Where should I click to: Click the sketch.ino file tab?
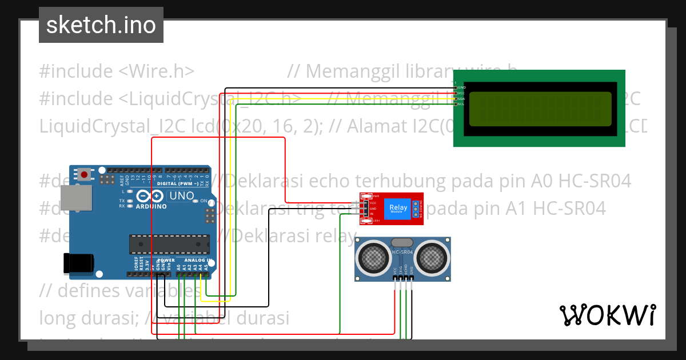101,25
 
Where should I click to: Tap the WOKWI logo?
607,315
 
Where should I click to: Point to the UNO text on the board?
182,195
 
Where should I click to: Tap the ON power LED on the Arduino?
196,201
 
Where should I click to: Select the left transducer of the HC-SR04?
374,258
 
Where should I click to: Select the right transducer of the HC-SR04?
430,258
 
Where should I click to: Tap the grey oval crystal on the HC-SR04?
402,243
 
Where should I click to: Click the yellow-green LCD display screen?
540,109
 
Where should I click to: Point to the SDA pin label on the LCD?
461,99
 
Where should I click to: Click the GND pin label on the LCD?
461,87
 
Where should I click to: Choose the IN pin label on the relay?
372,214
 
